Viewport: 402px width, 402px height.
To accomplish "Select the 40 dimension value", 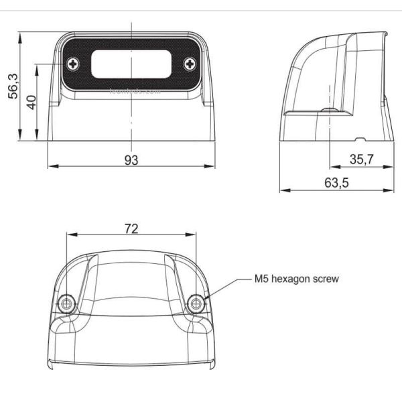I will coord(31,102).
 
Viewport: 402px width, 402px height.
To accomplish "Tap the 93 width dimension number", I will coord(131,159).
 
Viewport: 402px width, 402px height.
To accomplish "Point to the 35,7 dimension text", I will coord(362,158).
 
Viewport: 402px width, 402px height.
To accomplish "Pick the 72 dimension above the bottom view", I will coord(131,228).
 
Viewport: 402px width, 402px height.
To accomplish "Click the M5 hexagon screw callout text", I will coord(296,279).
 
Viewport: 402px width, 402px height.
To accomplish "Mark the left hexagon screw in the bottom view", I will coord(66,303).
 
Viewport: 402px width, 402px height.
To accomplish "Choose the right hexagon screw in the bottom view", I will coord(196,303).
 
